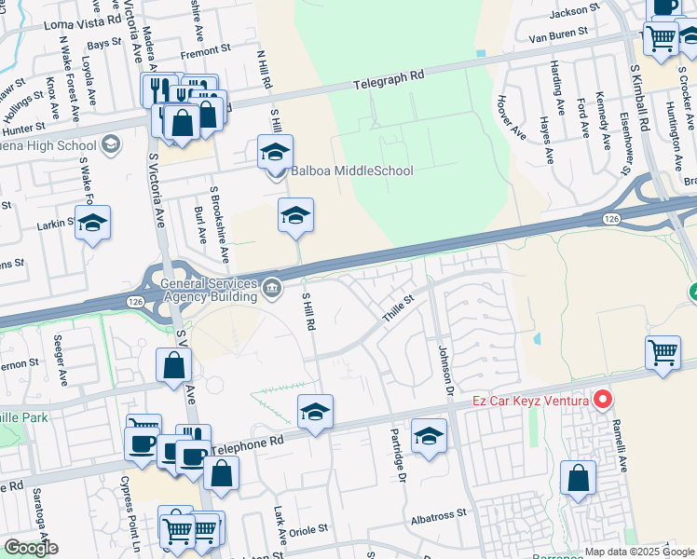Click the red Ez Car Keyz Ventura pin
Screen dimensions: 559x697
tap(602, 402)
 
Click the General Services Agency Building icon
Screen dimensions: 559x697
tap(271, 285)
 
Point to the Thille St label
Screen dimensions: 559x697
tap(398, 309)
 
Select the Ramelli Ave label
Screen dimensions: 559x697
tap(616, 439)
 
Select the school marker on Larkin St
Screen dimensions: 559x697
tap(92, 224)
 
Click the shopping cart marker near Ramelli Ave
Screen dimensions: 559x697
tap(663, 354)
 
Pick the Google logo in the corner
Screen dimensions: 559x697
tap(31, 548)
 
